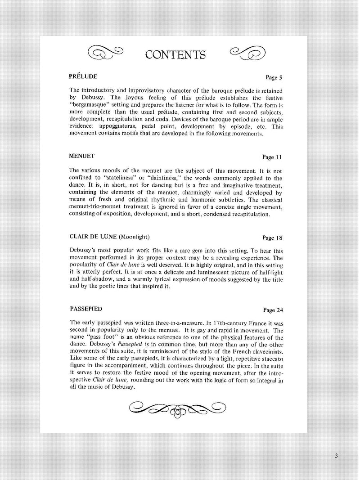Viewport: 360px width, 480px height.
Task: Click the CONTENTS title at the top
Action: click(175, 54)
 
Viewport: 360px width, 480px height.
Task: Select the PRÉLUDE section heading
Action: click(83, 76)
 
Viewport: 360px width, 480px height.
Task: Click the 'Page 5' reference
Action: click(274, 77)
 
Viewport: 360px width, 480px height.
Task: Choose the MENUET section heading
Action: click(82, 156)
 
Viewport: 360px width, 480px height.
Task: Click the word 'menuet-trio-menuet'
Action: click(96, 207)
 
